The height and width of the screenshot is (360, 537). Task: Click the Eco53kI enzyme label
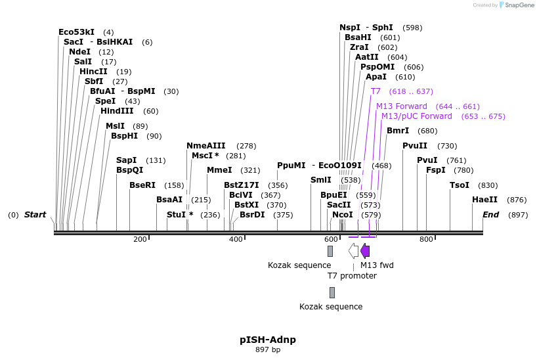tap(76, 32)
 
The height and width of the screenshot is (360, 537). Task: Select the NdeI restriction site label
tap(79, 52)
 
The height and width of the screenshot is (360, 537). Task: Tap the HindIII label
tap(117, 111)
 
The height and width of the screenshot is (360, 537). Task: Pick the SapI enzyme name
tap(127, 160)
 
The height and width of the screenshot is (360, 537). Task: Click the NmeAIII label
tap(205, 146)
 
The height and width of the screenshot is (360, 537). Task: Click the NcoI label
tap(343, 215)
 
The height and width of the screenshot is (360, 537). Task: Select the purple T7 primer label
tap(376, 91)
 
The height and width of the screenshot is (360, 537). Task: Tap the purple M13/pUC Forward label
tap(416, 116)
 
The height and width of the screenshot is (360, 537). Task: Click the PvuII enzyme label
tap(415, 146)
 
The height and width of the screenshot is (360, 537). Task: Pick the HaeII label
tap(484, 200)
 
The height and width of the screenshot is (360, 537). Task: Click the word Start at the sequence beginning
tap(35, 215)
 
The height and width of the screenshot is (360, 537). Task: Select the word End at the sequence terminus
tap(491, 215)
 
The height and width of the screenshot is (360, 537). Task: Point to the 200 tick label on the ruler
tap(140, 239)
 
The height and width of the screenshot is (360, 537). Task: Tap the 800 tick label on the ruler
tap(426, 239)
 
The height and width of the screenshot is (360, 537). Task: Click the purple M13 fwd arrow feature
tap(365, 251)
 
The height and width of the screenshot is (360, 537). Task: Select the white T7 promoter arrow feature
tap(353, 251)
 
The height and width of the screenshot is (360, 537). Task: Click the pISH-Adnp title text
tap(268, 340)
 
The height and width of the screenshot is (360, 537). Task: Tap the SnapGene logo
tap(515, 5)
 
